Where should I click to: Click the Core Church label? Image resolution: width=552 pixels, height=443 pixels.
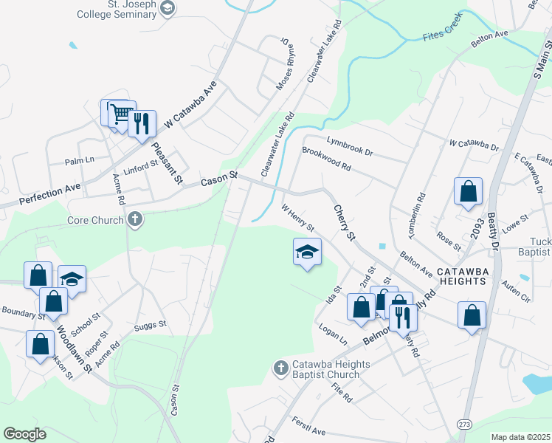point(95,220)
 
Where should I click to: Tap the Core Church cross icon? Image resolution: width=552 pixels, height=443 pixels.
point(134,219)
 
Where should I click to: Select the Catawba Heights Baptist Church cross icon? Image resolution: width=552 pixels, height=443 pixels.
point(280,368)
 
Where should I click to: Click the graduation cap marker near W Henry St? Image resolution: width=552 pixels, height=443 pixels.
point(308,253)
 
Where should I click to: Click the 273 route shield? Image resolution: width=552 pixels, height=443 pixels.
point(464,425)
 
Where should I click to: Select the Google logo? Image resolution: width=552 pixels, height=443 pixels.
point(25,433)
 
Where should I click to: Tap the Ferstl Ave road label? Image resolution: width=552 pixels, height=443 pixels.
point(308,427)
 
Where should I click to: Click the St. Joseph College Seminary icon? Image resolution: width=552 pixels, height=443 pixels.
point(168,9)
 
